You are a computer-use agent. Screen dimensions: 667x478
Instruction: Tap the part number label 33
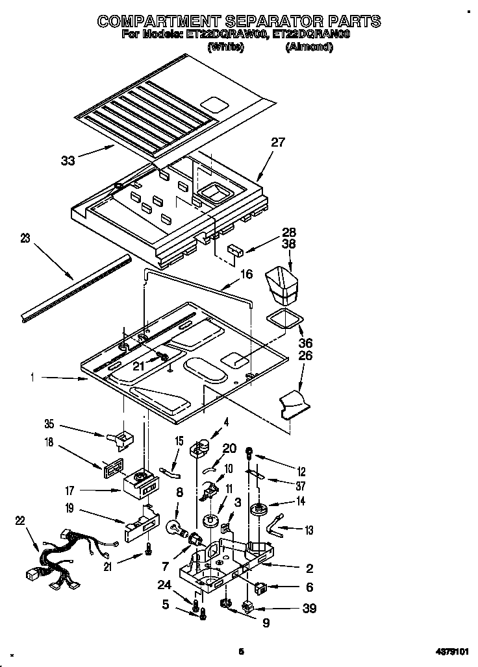(68, 160)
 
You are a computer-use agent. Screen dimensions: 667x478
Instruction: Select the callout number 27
(278, 143)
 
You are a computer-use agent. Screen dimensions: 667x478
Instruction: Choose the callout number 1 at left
(32, 376)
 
